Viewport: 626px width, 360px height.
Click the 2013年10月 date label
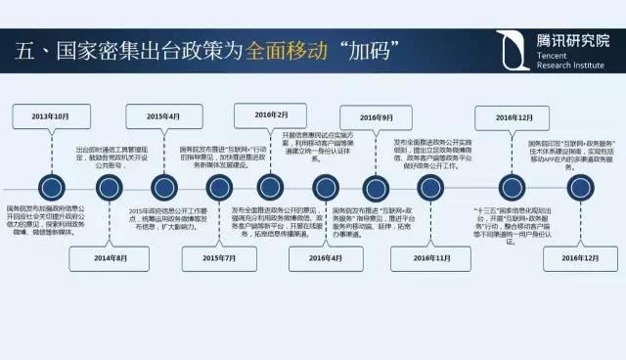tap(51, 116)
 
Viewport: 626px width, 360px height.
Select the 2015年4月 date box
tap(163, 116)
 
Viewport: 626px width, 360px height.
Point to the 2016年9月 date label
tap(376, 118)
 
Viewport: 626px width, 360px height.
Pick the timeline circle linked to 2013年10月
tap(51, 186)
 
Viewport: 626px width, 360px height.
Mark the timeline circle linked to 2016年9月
tap(376, 186)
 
